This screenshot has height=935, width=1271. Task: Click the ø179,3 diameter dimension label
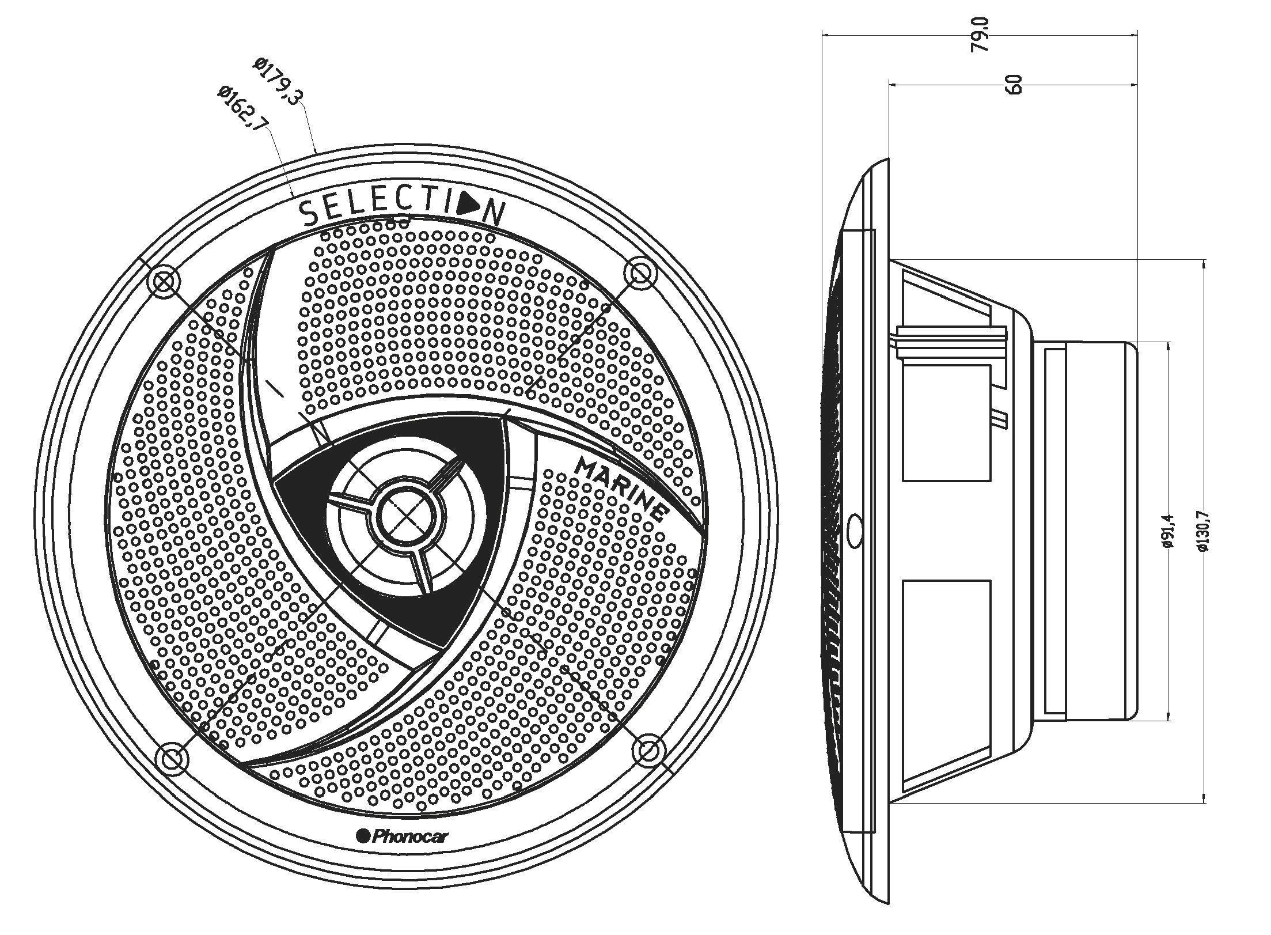279,81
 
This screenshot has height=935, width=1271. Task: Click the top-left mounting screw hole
164,283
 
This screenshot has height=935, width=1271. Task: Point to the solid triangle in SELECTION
469,206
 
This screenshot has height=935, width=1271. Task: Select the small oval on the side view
855,527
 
